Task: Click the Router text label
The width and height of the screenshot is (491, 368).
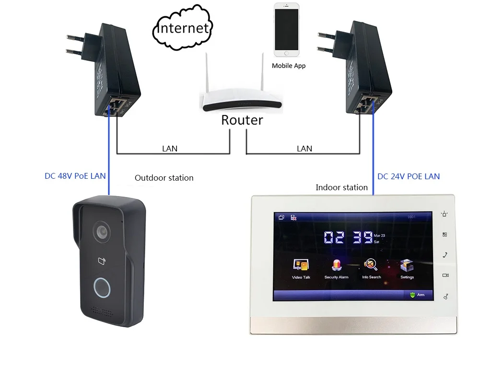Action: pos(242,120)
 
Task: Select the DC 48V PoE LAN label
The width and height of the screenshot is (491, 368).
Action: pos(75,176)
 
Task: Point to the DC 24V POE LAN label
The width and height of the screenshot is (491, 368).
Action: pos(409,176)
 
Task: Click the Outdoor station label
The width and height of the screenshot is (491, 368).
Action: pos(164,178)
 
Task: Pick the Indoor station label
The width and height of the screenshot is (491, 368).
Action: pos(341,187)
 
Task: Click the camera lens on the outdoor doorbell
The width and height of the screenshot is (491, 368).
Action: pos(101,231)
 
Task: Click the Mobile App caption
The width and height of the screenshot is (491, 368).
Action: pos(289,66)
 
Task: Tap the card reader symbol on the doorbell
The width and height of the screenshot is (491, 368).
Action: pos(102,261)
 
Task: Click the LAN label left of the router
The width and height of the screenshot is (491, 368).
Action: pos(170,149)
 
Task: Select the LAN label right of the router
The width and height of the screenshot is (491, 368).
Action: pos(304,149)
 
